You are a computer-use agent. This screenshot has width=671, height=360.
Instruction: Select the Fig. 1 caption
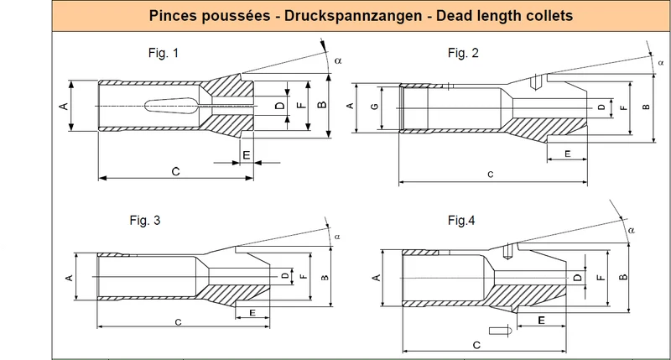pos(164,53)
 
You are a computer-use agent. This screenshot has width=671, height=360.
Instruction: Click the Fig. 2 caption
pos(463,53)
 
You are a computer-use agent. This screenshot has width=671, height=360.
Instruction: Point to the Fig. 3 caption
pos(145,221)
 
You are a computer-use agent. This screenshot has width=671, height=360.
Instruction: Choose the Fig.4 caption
pos(461,221)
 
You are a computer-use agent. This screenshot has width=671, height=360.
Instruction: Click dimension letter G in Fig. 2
pos(375,107)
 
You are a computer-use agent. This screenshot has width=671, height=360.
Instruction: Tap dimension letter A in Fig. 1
pos(64,106)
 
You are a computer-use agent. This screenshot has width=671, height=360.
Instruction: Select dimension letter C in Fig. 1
pos(175,172)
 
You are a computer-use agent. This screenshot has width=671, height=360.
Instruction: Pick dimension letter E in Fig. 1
pos(247,155)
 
